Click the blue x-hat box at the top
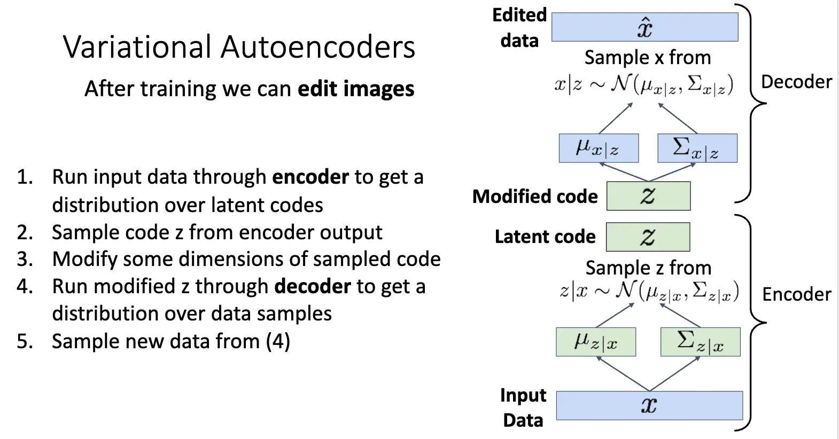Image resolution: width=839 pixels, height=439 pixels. [644, 27]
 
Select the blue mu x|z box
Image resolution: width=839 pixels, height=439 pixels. [599, 148]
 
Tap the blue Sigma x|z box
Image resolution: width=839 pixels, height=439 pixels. [697, 148]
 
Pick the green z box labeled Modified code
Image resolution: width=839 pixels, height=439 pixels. [648, 196]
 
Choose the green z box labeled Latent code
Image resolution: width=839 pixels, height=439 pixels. [648, 237]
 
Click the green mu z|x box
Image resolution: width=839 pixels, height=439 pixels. [596, 342]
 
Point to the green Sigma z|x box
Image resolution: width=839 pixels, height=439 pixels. [700, 342]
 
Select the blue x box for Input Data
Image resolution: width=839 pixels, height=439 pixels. [649, 405]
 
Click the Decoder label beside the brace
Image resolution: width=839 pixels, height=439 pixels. [796, 82]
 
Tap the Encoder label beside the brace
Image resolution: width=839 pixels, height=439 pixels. [796, 294]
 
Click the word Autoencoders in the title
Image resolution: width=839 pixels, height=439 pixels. [318, 47]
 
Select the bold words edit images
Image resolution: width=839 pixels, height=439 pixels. [356, 89]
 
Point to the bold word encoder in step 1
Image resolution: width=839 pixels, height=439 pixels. [310, 177]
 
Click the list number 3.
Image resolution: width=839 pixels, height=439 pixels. [25, 259]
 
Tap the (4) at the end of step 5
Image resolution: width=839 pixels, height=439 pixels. [278, 341]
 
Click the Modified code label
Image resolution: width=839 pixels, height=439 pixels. [535, 197]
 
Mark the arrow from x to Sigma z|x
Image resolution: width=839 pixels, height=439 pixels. [674, 374]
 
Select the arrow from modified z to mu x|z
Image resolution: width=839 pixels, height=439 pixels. [624, 172]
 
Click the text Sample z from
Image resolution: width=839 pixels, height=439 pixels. [648, 268]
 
